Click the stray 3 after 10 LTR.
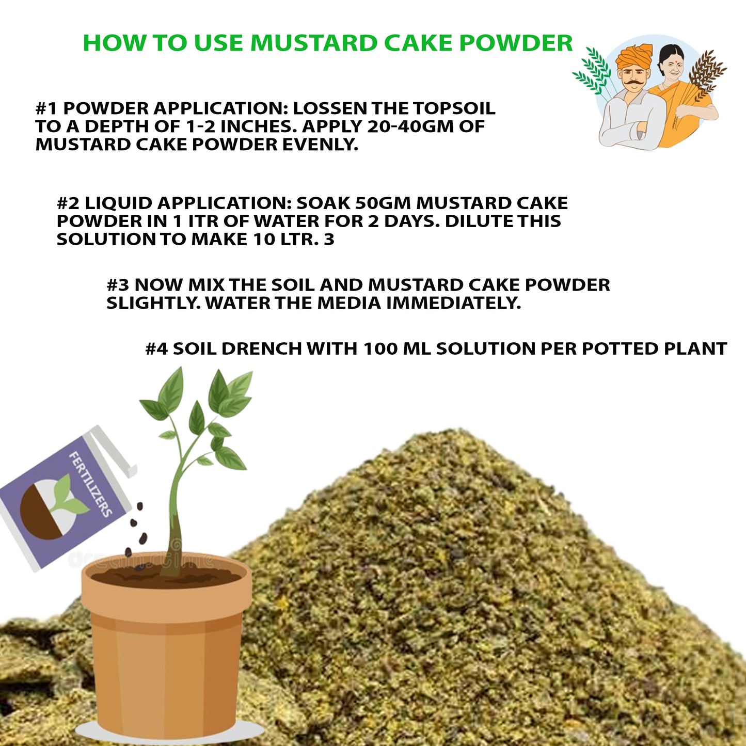tap(329, 240)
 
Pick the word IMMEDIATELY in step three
tap(453, 303)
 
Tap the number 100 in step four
tap(380, 349)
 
